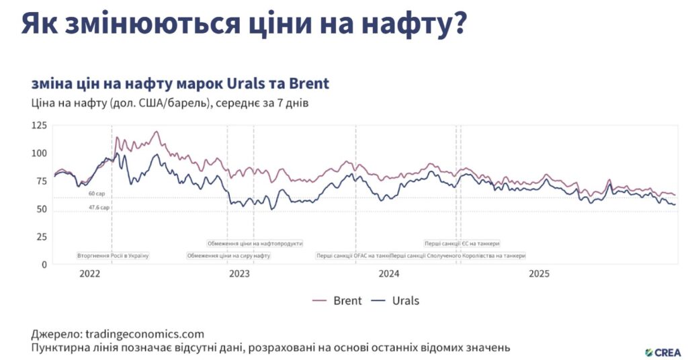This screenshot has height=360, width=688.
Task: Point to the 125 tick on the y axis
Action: pos(40,126)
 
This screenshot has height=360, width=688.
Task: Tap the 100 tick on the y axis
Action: pos(40,153)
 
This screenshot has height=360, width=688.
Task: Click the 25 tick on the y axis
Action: pos(42,236)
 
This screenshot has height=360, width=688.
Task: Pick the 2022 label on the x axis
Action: pos(89,274)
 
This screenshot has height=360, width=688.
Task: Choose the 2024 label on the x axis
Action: pos(389,274)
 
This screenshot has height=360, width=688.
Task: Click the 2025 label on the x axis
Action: pos(539,274)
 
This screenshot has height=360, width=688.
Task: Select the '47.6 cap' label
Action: pos(98,208)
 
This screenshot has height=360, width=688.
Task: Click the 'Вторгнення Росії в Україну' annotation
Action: pos(112,256)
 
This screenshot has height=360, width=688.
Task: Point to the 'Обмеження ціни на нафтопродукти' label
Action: pos(255,243)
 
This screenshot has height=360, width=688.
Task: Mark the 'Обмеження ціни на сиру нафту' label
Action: pos(228,256)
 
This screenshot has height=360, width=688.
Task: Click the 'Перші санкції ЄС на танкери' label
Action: pos(462,243)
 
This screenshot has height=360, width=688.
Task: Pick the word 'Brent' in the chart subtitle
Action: pos(308,84)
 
